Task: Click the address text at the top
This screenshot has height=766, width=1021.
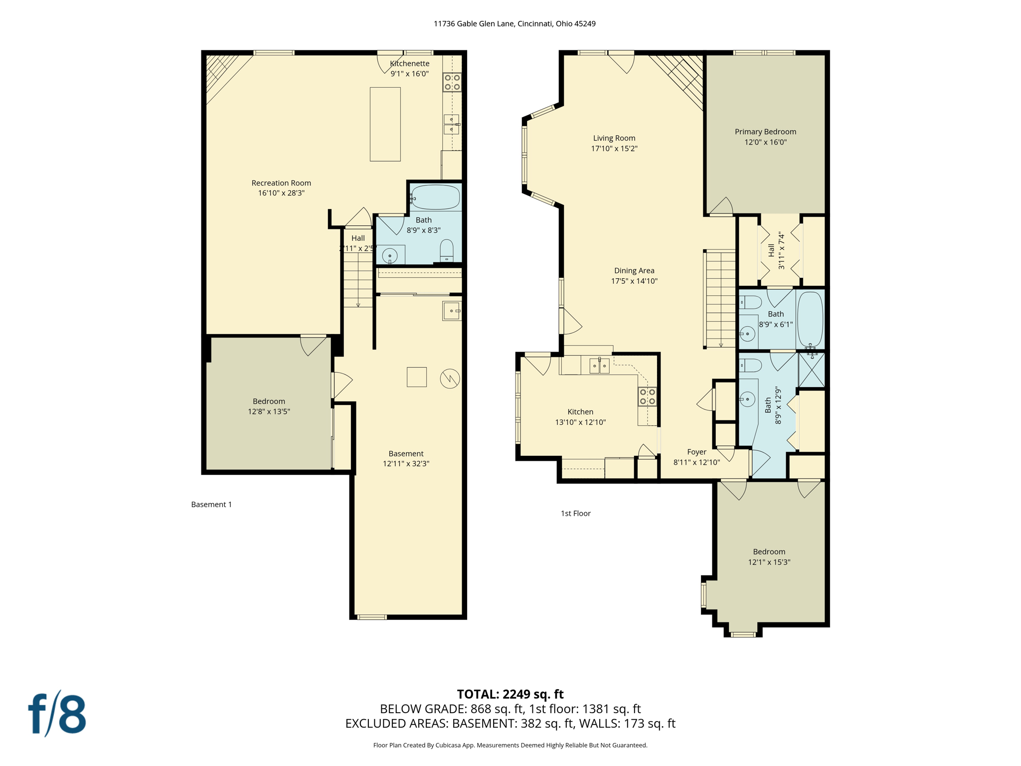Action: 514,23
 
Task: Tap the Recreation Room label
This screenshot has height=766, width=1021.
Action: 281,183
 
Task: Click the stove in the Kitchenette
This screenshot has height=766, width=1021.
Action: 452,82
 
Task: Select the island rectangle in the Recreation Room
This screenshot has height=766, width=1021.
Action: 385,124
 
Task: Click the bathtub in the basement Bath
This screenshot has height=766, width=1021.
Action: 435,197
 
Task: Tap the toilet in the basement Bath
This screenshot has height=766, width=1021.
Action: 447,251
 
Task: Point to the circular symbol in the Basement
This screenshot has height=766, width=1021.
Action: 450,379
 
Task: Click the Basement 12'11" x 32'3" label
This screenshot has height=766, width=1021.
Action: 406,458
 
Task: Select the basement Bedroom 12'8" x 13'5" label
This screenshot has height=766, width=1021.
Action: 269,406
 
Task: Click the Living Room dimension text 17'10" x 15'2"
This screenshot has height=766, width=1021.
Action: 614,149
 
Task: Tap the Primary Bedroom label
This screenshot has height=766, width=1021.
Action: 765,132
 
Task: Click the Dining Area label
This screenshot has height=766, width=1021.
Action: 634,271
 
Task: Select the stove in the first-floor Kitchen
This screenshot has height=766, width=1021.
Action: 647,397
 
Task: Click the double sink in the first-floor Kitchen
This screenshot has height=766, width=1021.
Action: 599,366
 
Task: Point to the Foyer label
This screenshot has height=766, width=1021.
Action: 696,452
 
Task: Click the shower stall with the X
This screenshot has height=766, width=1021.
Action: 811,370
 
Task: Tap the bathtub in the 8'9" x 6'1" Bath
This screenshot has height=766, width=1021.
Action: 810,319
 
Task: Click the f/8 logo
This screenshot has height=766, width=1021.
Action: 57,714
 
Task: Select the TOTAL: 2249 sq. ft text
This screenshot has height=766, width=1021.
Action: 510,694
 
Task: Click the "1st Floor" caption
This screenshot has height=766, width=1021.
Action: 575,513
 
